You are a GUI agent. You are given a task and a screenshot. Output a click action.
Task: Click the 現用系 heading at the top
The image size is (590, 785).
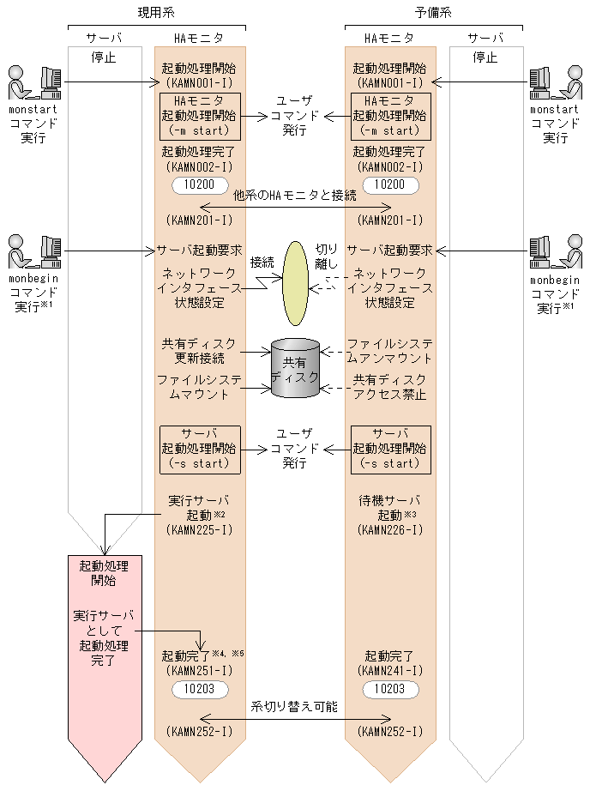[x=156, y=13]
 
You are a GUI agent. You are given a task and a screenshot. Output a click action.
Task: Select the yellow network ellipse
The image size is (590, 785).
[x=296, y=282]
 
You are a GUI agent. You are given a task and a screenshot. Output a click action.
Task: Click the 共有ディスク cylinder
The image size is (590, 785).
[x=295, y=368]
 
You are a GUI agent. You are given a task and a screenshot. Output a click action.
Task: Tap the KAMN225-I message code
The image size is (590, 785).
[x=199, y=530]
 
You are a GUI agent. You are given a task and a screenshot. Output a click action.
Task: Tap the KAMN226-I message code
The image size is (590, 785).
[x=390, y=530]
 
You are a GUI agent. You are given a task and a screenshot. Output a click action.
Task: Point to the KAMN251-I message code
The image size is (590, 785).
[x=199, y=670]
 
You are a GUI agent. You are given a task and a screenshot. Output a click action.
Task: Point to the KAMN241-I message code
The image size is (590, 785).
[x=390, y=670]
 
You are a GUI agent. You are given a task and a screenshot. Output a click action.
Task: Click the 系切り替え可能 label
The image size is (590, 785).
[x=294, y=708]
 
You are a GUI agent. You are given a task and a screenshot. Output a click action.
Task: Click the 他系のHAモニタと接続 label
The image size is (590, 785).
[x=295, y=196]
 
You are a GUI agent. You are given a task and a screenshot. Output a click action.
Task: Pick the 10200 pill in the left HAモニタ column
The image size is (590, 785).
[x=200, y=185]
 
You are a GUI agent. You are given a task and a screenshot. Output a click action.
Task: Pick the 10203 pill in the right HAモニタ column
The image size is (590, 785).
[x=390, y=688]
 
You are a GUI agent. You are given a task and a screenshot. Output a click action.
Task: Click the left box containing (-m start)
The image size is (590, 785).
[x=200, y=116]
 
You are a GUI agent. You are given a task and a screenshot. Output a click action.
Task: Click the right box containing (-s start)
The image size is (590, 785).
[x=390, y=449]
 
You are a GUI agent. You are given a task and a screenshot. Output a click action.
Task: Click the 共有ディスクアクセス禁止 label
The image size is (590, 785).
[x=390, y=386]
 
